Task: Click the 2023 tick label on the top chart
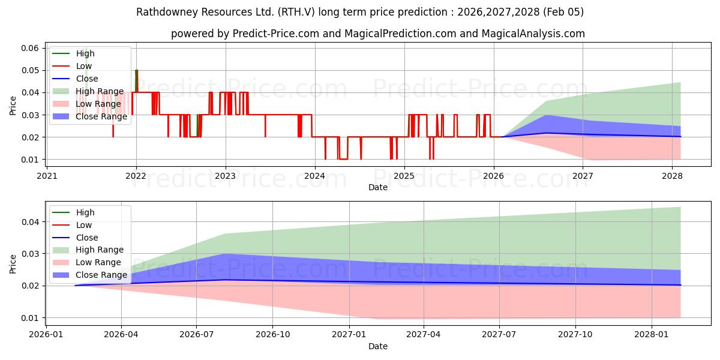click(226, 176)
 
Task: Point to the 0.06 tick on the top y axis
click(31, 48)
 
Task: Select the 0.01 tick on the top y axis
click(31, 160)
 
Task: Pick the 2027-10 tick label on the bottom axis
click(575, 334)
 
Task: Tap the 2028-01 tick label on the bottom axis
click(651, 334)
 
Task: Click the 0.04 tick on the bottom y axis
click(31, 222)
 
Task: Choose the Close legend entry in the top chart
click(87, 79)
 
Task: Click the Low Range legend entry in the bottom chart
click(98, 262)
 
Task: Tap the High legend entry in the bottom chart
click(85, 212)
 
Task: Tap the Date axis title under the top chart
click(378, 187)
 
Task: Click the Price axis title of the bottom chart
click(13, 263)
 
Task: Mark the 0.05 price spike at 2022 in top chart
click(136, 71)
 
